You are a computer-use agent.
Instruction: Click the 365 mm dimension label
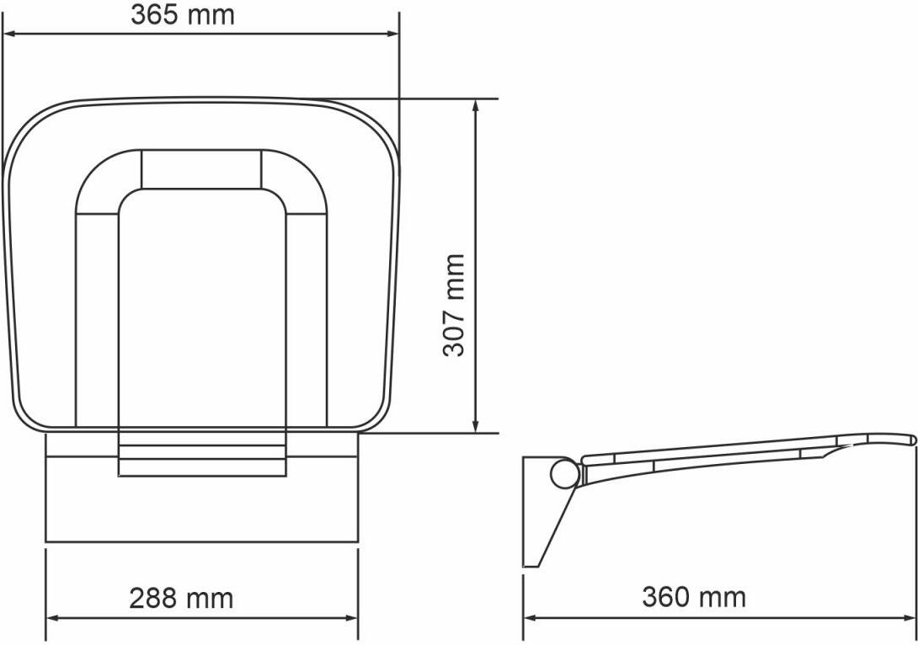(x=183, y=14)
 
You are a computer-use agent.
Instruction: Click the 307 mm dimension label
(x=453, y=305)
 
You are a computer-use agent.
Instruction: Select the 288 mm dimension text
(x=181, y=598)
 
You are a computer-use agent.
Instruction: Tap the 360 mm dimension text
(x=694, y=597)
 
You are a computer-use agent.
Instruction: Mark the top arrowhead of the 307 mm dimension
(x=476, y=108)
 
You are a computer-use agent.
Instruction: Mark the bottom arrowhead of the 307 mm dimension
(x=476, y=424)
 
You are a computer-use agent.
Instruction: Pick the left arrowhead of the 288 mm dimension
(x=55, y=618)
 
